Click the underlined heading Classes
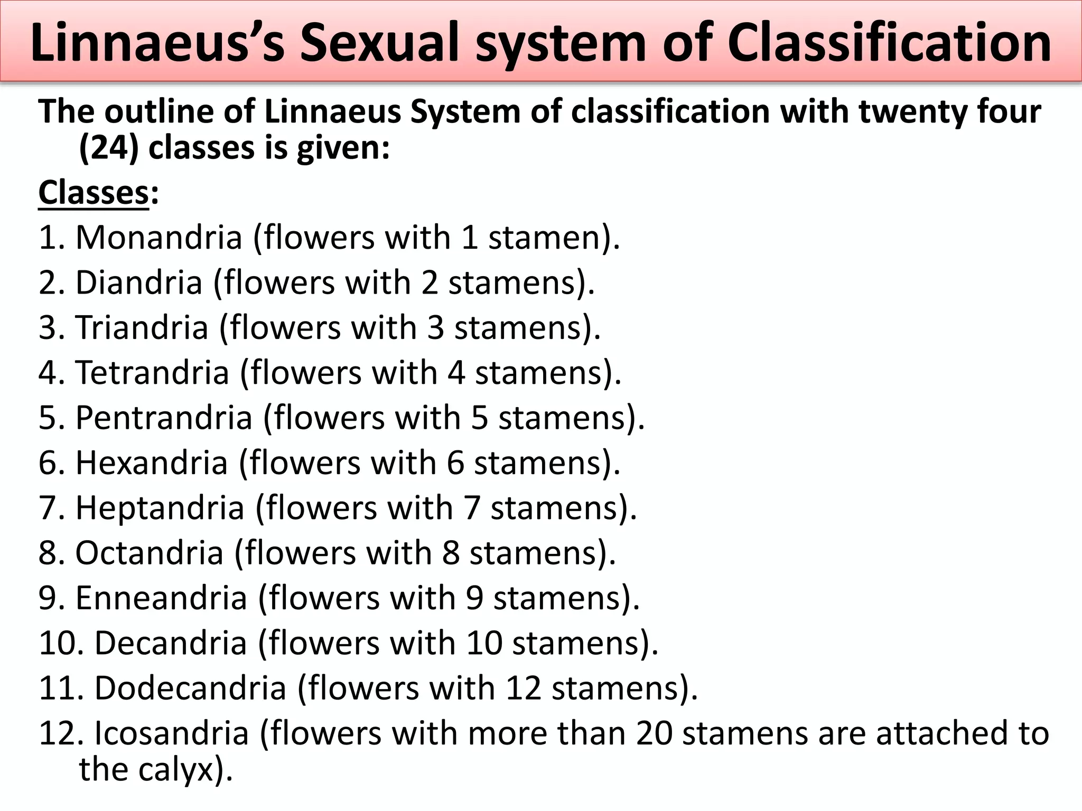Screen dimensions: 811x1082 click(94, 193)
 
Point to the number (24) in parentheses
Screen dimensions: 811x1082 click(109, 148)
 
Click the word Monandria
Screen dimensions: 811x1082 click(158, 238)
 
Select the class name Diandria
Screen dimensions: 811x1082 click(139, 282)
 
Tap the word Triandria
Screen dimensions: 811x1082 click(142, 327)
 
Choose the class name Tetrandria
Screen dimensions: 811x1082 click(152, 373)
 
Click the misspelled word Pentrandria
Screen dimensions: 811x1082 click(164, 418)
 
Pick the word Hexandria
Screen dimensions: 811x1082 click(151, 463)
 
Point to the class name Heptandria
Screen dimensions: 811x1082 click(160, 508)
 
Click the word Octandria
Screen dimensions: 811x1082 click(149, 553)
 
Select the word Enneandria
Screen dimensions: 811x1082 click(161, 598)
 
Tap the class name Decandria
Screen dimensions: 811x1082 click(170, 643)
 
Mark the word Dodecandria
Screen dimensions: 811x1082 click(190, 689)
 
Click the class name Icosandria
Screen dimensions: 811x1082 click(171, 733)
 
